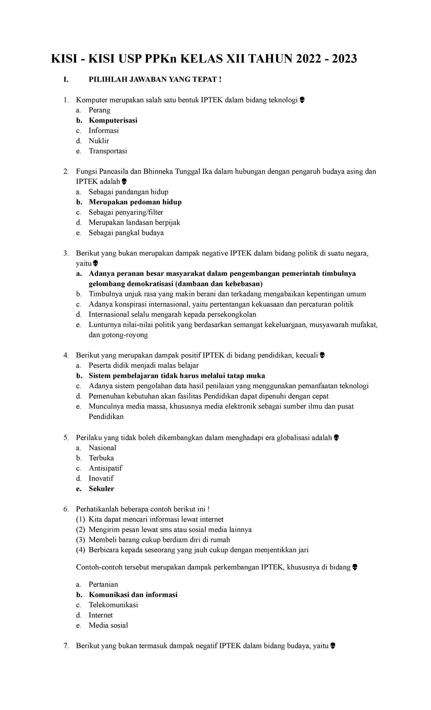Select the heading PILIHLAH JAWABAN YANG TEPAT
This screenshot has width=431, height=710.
[155, 79]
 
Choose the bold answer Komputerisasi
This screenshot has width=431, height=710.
[113, 120]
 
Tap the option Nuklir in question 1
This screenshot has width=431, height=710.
[99, 141]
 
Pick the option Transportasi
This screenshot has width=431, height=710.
[108, 151]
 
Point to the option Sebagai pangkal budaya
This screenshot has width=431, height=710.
[126, 233]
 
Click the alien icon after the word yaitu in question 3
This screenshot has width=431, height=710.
[95, 264]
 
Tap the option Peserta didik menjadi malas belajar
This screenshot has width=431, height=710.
[143, 365]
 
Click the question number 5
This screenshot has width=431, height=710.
[66, 438]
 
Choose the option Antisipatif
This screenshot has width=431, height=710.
[105, 468]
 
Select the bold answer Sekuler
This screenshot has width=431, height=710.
[101, 489]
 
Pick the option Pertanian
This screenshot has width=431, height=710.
[103, 584]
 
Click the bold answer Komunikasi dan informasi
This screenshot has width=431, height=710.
[133, 595]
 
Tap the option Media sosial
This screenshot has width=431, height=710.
[108, 625]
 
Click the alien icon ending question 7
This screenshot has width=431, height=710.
[333, 646]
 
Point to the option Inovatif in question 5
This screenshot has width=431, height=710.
[101, 478]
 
